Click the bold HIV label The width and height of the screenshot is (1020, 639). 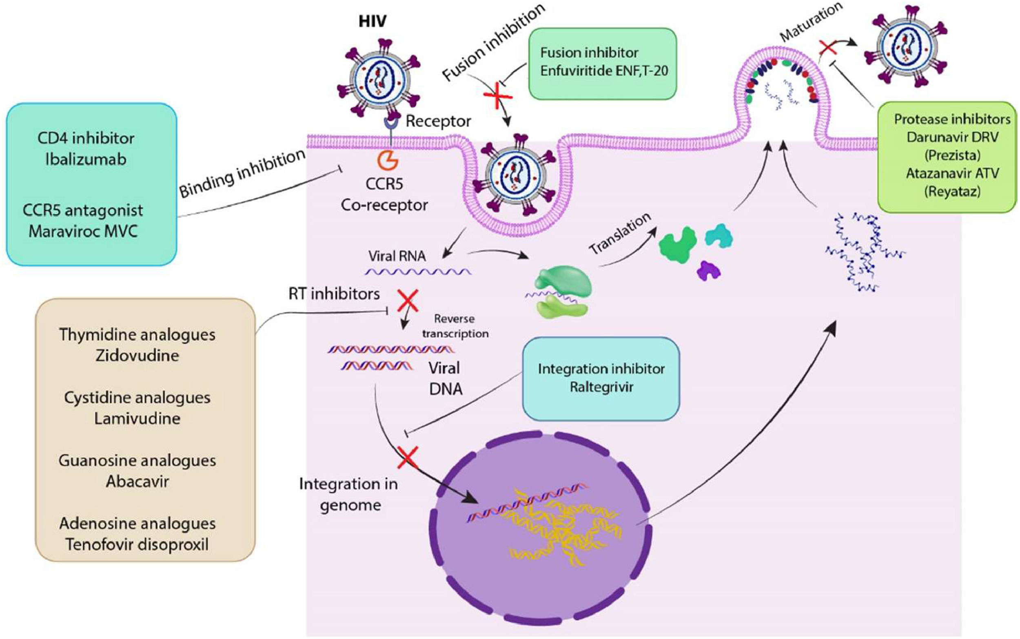pyautogui.click(x=372, y=21)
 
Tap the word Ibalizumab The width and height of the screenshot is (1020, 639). pyautogui.click(x=86, y=159)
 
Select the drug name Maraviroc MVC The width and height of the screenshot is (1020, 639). pyautogui.click(x=83, y=231)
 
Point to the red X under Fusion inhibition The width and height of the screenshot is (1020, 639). pyautogui.click(x=497, y=97)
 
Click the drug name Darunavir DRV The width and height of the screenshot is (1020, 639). pyautogui.click(x=952, y=137)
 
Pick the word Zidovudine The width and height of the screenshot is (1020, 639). pyautogui.click(x=137, y=356)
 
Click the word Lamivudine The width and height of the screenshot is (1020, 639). pyautogui.click(x=137, y=418)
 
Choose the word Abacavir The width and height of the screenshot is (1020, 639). pyautogui.click(x=137, y=481)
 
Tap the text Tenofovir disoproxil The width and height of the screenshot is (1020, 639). pyautogui.click(x=137, y=544)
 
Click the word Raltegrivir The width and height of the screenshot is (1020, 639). pyautogui.click(x=601, y=387)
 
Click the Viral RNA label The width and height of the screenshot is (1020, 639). pyautogui.click(x=397, y=256)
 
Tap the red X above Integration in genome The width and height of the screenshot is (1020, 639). pyautogui.click(x=407, y=458)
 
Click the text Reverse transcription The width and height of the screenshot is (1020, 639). pyautogui.click(x=455, y=326)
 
